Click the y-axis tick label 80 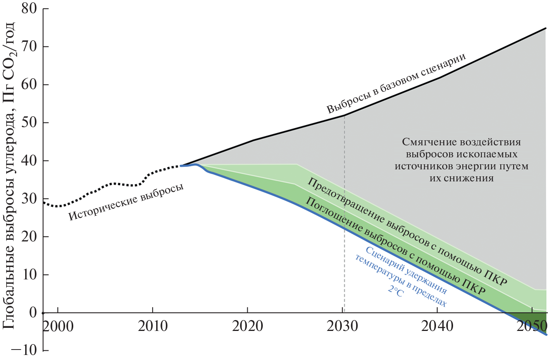[29, 8]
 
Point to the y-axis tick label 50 [29, 122]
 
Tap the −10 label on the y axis [24, 350]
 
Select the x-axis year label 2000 [58, 326]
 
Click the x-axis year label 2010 [153, 326]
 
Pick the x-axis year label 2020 [247, 326]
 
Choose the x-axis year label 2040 [437, 326]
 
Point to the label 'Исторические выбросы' [126, 202]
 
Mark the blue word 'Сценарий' [383, 257]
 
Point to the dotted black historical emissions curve [112, 183]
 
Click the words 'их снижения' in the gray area [461, 178]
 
